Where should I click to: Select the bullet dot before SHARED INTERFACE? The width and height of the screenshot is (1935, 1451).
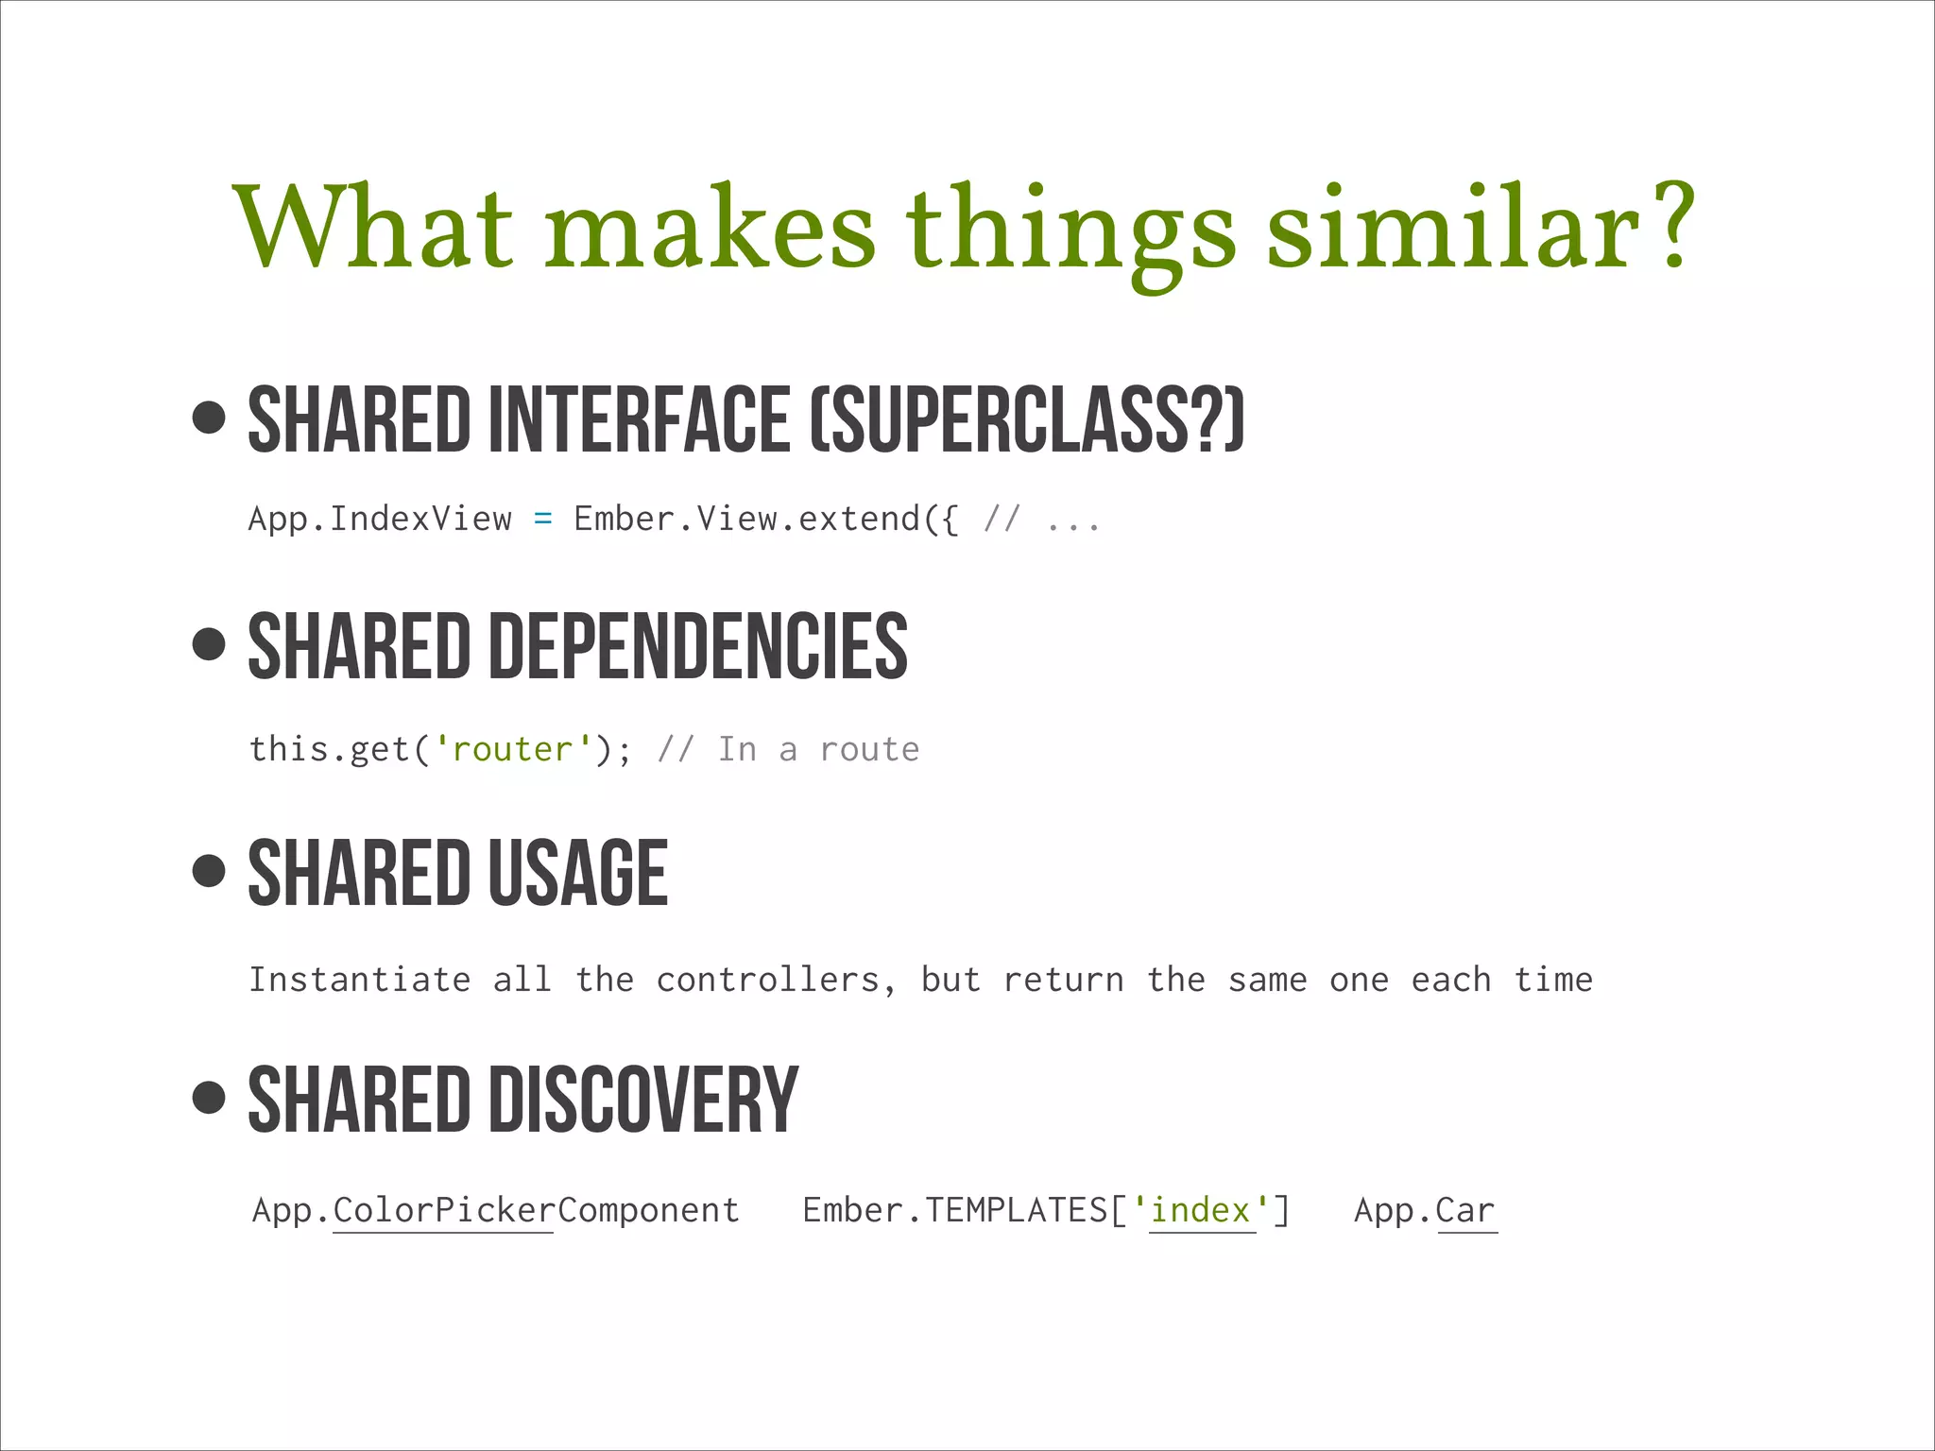(x=209, y=417)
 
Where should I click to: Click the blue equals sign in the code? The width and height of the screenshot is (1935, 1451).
(x=542, y=519)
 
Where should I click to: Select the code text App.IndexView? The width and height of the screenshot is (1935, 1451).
(x=380, y=519)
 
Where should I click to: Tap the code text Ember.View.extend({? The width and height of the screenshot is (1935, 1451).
(x=766, y=519)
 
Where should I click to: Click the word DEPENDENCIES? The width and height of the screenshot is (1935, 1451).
(x=698, y=647)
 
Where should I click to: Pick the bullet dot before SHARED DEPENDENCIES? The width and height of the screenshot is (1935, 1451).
(x=209, y=644)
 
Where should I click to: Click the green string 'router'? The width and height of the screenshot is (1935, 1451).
(x=513, y=749)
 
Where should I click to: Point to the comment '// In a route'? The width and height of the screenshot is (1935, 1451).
(x=788, y=749)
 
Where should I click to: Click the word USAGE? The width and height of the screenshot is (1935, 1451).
(x=578, y=874)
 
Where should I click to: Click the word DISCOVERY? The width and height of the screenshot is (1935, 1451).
(x=643, y=1101)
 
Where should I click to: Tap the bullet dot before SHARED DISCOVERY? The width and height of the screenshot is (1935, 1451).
(x=209, y=1097)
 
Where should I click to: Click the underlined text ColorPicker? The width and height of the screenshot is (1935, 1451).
(x=443, y=1210)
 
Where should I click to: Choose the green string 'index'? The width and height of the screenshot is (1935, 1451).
(x=1202, y=1210)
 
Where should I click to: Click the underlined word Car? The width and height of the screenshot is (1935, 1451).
(x=1466, y=1210)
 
